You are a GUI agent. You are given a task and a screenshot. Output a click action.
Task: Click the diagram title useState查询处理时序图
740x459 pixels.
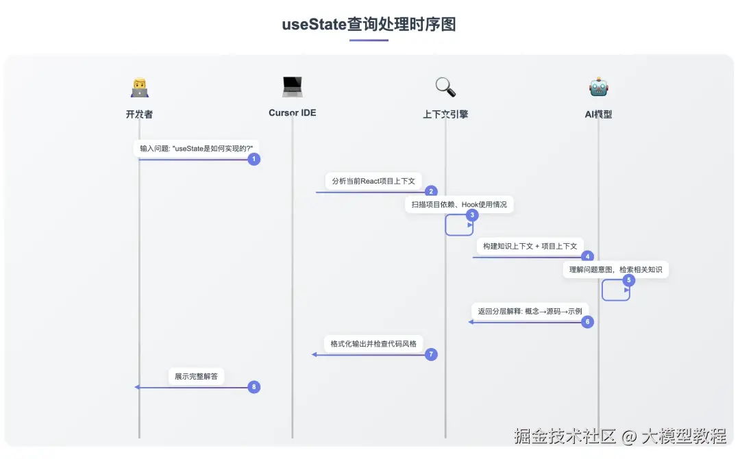[369, 25]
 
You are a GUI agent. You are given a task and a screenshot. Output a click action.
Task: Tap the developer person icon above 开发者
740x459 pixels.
[139, 87]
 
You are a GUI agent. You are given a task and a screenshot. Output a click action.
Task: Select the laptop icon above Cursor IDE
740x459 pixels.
[292, 86]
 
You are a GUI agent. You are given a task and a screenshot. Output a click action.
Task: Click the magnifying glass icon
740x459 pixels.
[445, 87]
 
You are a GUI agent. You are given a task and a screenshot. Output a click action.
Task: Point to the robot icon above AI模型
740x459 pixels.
[598, 87]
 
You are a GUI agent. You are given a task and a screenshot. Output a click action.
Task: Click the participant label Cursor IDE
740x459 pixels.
[292, 113]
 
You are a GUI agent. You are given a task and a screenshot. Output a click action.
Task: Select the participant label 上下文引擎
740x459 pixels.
[445, 114]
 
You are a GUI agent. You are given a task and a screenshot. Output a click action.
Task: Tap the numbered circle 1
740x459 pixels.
[254, 159]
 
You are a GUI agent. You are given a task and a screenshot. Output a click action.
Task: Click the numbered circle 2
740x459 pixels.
[431, 192]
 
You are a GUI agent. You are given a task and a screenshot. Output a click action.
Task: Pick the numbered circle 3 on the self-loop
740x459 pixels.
[471, 214]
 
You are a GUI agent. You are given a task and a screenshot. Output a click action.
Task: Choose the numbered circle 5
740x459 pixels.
[629, 280]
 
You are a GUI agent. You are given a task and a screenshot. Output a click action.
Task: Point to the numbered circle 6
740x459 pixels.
[587, 321]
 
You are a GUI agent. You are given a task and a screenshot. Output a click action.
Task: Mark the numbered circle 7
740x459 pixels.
[431, 354]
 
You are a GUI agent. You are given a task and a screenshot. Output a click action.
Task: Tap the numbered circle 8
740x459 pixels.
[254, 387]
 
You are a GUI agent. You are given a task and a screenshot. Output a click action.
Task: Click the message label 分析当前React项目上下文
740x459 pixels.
[373, 181]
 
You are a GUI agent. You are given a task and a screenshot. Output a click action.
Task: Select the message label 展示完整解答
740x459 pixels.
[197, 376]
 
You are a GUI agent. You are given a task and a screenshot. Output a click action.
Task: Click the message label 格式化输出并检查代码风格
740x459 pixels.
[373, 343]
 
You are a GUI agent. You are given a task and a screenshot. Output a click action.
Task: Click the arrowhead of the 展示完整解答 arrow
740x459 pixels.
[138, 387]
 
